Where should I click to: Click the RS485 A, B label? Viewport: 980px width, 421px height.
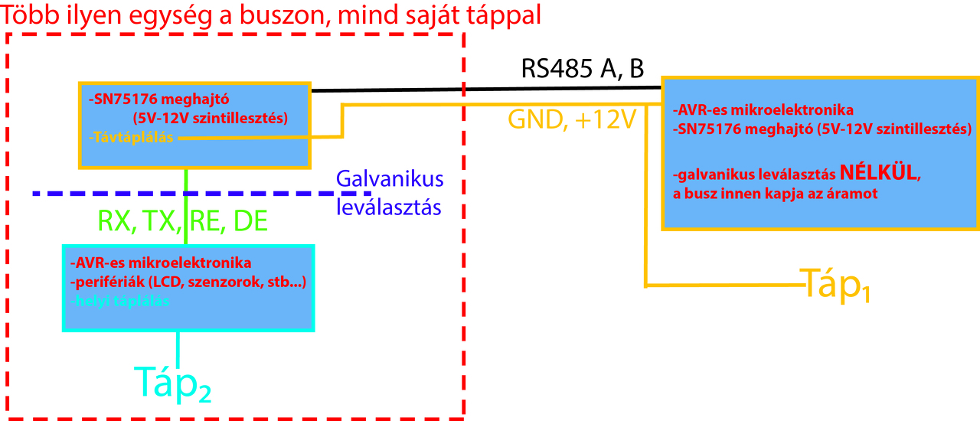pyautogui.click(x=583, y=69)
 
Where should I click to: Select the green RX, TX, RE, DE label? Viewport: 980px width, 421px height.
pyautogui.click(x=182, y=221)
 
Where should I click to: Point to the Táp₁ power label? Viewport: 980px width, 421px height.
pyautogui.click(x=835, y=285)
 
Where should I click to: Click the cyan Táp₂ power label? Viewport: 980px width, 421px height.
pyautogui.click(x=173, y=383)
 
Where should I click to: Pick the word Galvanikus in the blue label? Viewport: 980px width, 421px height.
pyautogui.click(x=390, y=180)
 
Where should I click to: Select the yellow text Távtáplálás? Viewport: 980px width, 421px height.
pyautogui.click(x=132, y=138)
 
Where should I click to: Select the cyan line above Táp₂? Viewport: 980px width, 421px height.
pyautogui.click(x=178, y=348)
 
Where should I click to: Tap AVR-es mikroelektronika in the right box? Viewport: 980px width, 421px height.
pyautogui.click(x=763, y=109)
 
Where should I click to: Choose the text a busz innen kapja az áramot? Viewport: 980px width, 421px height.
pyautogui.click(x=775, y=194)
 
